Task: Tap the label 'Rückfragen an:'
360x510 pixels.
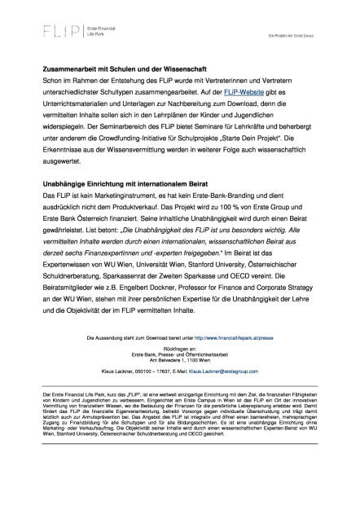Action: (x=178, y=348)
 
